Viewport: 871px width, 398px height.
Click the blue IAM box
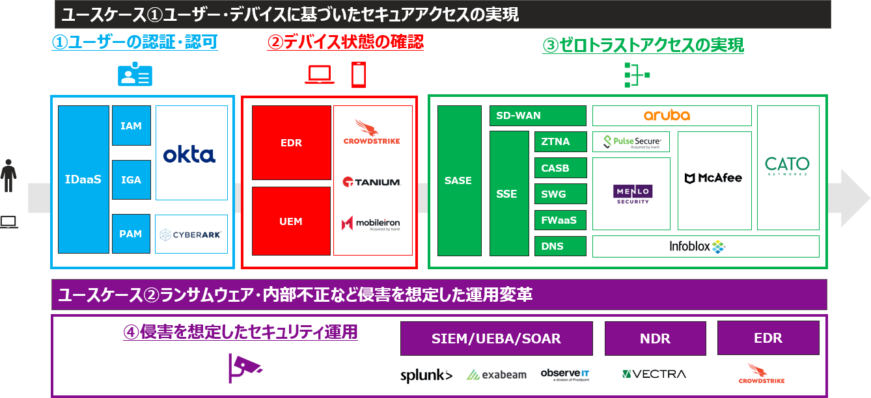tap(131, 126)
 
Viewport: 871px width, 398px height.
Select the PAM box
tap(131, 233)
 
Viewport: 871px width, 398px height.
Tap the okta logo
tap(189, 155)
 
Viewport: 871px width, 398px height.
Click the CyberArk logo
tap(191, 235)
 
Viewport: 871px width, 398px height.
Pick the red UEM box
tap(291, 221)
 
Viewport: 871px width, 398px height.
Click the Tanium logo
tap(372, 181)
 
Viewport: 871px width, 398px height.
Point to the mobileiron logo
tap(370, 223)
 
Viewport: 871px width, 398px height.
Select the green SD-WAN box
tap(538, 116)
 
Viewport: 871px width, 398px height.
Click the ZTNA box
tap(560, 142)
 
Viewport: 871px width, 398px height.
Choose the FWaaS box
tap(560, 220)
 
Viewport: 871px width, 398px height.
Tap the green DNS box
tap(560, 246)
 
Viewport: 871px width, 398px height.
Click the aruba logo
tap(667, 115)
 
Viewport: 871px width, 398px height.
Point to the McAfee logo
tap(713, 178)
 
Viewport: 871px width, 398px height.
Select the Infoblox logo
tap(697, 246)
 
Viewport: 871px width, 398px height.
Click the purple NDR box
tap(655, 338)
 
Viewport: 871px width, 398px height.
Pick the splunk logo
tap(426, 375)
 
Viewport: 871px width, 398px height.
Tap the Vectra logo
tap(654, 374)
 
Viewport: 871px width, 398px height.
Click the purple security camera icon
tap(244, 367)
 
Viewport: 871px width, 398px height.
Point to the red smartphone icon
tap(359, 75)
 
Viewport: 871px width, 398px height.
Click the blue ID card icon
tap(135, 73)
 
